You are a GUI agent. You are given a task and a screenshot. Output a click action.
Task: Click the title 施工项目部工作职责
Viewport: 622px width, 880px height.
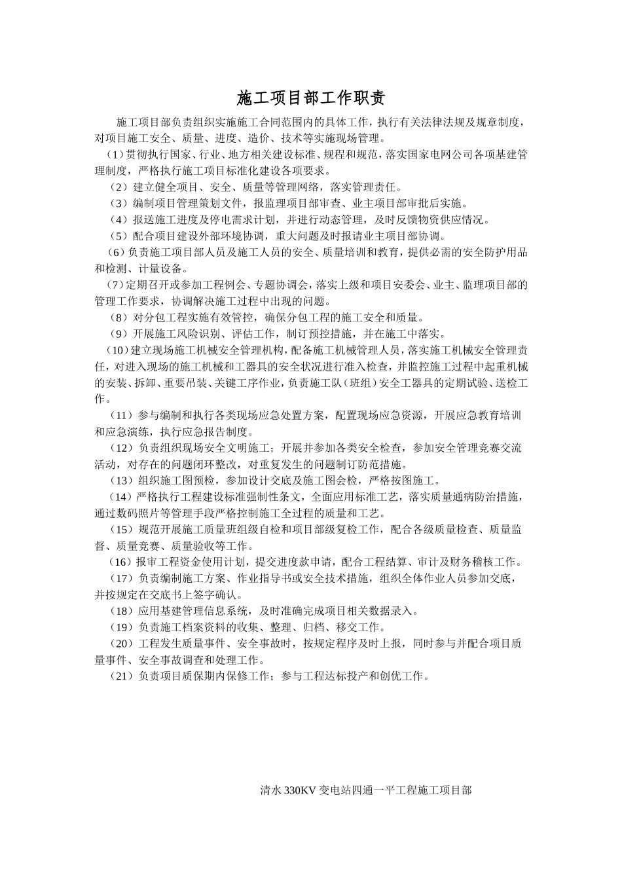(x=311, y=98)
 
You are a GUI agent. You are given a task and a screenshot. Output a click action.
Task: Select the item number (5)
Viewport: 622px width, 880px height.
(x=120, y=236)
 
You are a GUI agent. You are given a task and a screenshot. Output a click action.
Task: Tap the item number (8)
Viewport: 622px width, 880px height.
(x=120, y=318)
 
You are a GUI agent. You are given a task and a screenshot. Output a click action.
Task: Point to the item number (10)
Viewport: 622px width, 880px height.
(x=117, y=350)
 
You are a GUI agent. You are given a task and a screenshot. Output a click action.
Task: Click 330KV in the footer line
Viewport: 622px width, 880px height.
(x=300, y=790)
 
